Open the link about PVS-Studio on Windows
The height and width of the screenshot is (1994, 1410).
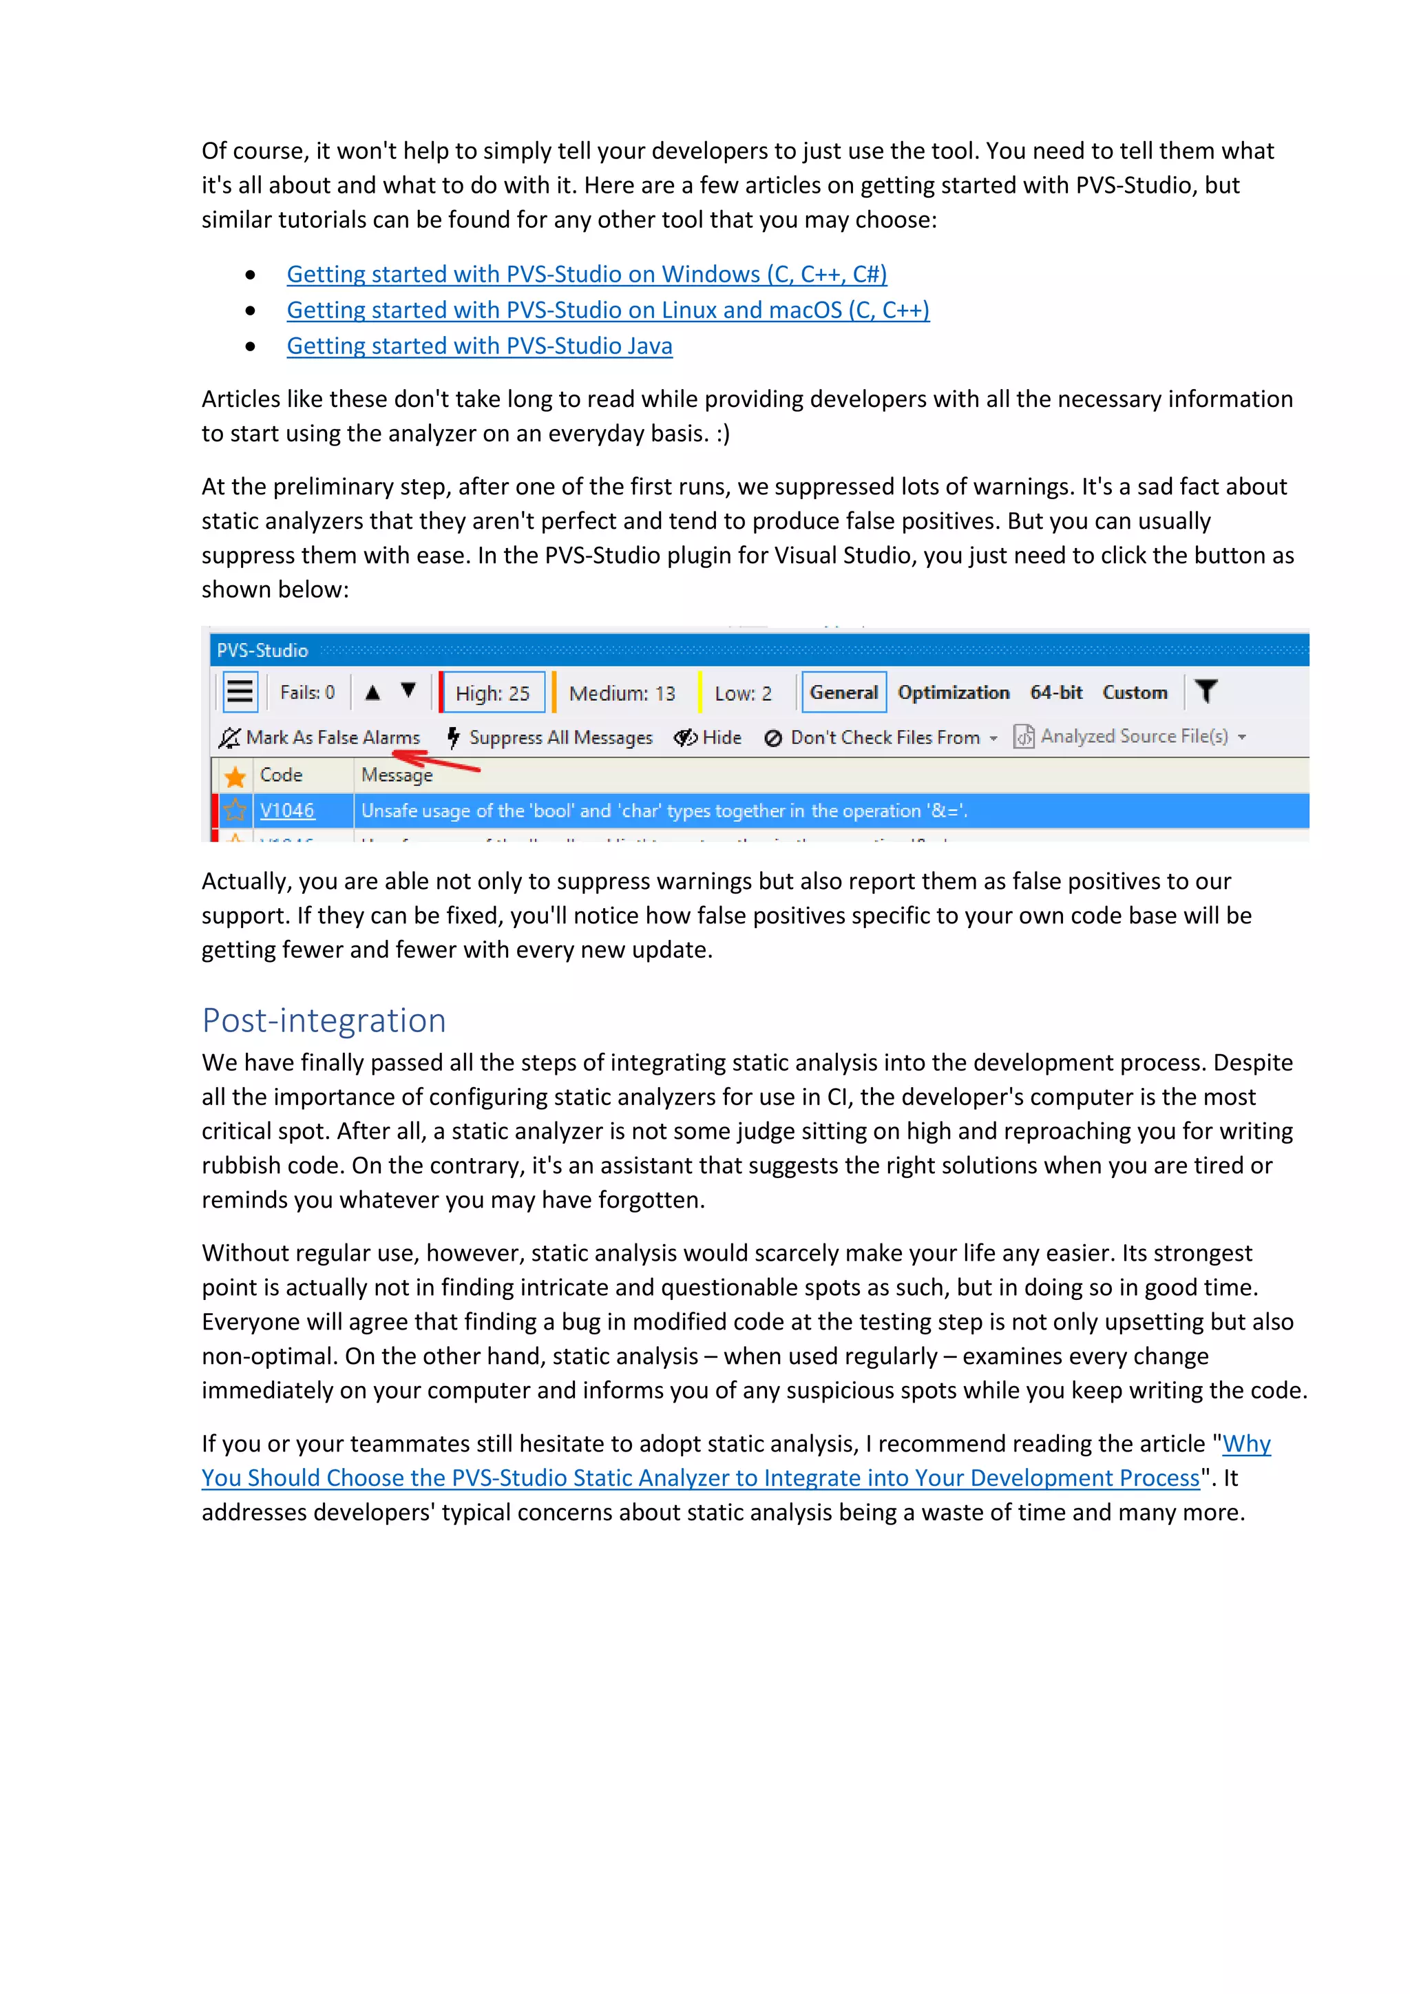[586, 275]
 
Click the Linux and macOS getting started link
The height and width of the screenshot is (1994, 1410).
[608, 310]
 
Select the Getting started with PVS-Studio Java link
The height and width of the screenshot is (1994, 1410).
[479, 346]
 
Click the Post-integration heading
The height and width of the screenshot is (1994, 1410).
[324, 1020]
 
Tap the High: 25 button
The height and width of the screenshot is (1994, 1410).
[492, 693]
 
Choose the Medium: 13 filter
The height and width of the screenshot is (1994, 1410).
[622, 693]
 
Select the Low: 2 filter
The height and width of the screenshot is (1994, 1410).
[742, 693]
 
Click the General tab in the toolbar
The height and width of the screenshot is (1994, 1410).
[843, 692]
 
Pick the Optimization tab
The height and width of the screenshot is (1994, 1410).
[954, 692]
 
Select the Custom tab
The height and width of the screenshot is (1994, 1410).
[1135, 692]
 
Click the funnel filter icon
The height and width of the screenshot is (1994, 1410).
[1206, 691]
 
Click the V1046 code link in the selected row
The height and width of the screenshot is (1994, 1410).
[286, 810]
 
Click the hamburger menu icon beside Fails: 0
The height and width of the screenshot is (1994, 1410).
[240, 692]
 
